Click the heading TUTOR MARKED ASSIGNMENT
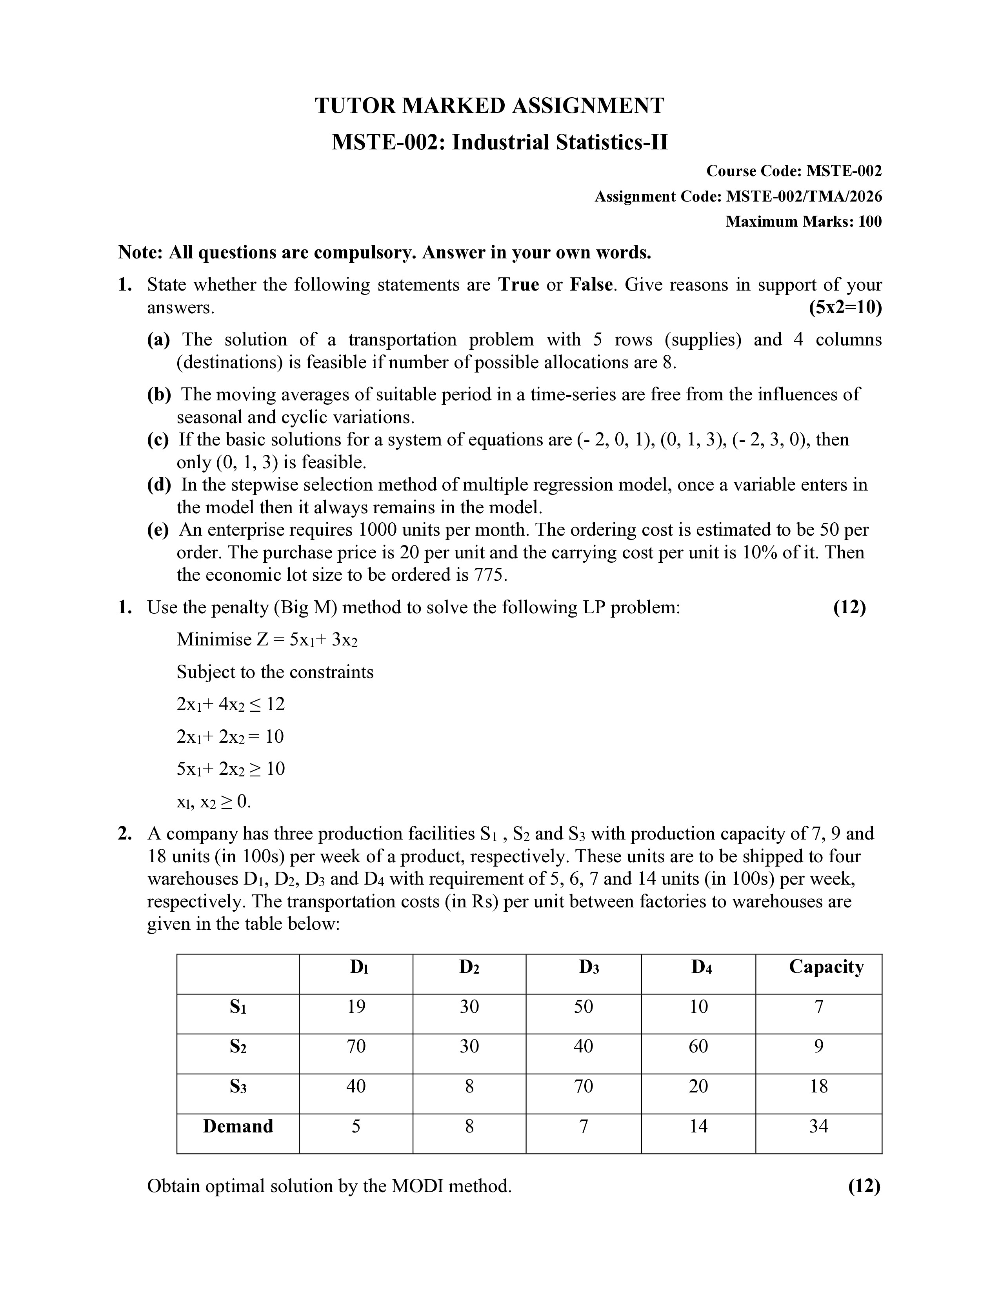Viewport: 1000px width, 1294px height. tap(489, 106)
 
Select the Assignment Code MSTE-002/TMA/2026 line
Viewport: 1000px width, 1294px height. tap(738, 196)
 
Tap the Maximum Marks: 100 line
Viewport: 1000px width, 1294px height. tap(803, 222)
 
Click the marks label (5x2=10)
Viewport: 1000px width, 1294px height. tap(845, 308)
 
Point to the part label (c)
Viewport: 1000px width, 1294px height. tap(158, 440)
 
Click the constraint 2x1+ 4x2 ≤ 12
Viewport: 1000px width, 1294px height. tap(231, 705)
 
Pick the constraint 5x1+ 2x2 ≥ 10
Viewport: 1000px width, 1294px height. tap(231, 769)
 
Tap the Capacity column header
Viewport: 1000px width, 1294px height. tap(826, 967)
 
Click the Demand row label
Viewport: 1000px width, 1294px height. tap(238, 1126)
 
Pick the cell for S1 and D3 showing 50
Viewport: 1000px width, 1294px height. tap(583, 1007)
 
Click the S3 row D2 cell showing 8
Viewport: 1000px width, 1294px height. tap(469, 1086)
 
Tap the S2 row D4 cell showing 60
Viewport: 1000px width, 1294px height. tap(698, 1046)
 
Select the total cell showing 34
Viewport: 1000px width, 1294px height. tap(818, 1126)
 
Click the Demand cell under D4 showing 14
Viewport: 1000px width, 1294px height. tap(698, 1126)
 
